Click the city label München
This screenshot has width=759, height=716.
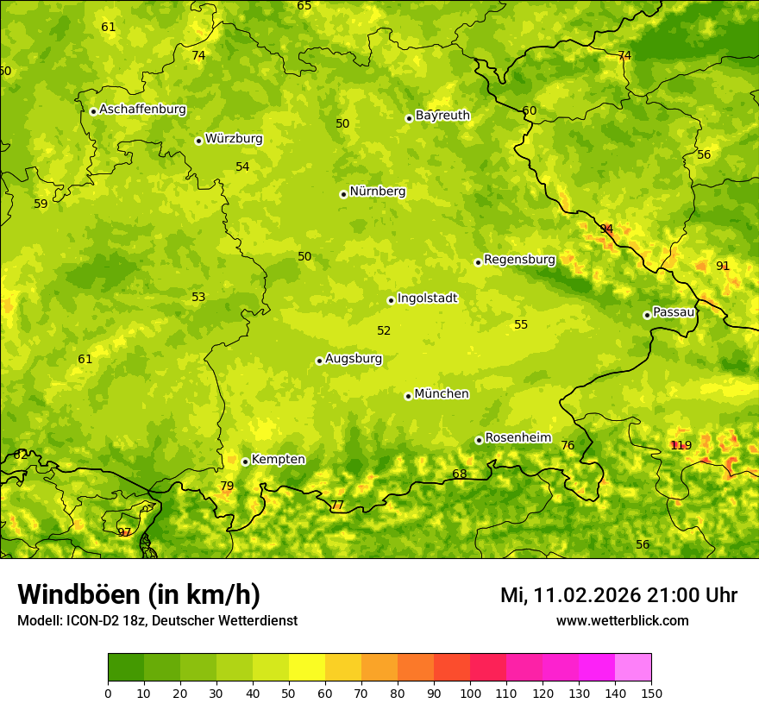click(441, 394)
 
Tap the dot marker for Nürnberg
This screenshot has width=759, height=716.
click(343, 194)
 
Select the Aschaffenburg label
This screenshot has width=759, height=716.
click(142, 110)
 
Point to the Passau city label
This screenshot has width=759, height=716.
click(673, 312)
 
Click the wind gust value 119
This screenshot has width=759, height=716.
click(681, 445)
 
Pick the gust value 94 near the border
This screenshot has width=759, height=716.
click(606, 229)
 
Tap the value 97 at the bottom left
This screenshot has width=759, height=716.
click(124, 532)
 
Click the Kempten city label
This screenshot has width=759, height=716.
click(278, 460)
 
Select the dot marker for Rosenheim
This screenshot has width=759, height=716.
click(479, 440)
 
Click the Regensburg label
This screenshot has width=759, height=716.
click(519, 260)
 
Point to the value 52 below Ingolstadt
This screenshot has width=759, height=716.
click(384, 330)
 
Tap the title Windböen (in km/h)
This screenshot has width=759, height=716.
click(138, 594)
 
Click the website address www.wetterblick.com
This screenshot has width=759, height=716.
click(622, 620)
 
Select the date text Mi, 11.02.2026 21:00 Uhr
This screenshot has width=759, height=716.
click(618, 595)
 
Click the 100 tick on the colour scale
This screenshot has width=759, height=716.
click(470, 693)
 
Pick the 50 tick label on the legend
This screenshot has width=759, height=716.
click(289, 693)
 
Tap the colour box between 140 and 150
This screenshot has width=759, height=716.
click(633, 668)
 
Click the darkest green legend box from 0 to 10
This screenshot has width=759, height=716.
click(126, 668)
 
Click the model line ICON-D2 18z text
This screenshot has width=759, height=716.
click(157, 620)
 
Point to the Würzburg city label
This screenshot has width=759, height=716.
click(233, 139)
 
